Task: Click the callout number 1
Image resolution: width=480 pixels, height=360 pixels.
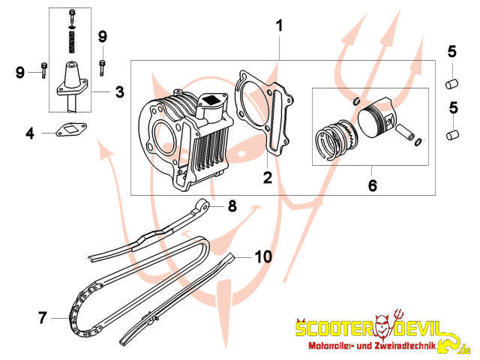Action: coord(279,26)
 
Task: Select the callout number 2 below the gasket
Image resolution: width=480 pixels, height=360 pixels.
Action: coord(268,178)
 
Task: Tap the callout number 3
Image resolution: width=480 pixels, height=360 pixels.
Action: coord(120,91)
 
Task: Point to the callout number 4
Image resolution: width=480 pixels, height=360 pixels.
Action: coord(30,133)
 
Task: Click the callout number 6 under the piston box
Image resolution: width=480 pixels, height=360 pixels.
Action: coord(373,185)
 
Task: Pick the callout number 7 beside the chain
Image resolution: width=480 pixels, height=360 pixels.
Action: coord(43,317)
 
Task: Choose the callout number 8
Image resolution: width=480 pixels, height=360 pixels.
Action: coord(232,205)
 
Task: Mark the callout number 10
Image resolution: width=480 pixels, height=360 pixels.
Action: coord(263,256)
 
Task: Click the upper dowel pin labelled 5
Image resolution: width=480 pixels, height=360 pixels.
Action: coord(451,84)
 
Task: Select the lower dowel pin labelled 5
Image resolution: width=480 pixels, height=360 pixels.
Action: coord(451,135)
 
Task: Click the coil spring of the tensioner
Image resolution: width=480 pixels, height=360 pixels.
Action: coord(72,43)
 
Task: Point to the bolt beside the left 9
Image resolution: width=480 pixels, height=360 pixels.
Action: coord(44,70)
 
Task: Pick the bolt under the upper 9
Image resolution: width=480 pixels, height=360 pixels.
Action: coord(102,68)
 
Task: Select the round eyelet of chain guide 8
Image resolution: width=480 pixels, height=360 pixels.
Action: coord(202,205)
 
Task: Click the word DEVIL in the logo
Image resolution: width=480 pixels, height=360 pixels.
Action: coord(418,328)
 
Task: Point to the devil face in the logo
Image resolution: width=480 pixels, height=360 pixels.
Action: coord(385,326)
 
